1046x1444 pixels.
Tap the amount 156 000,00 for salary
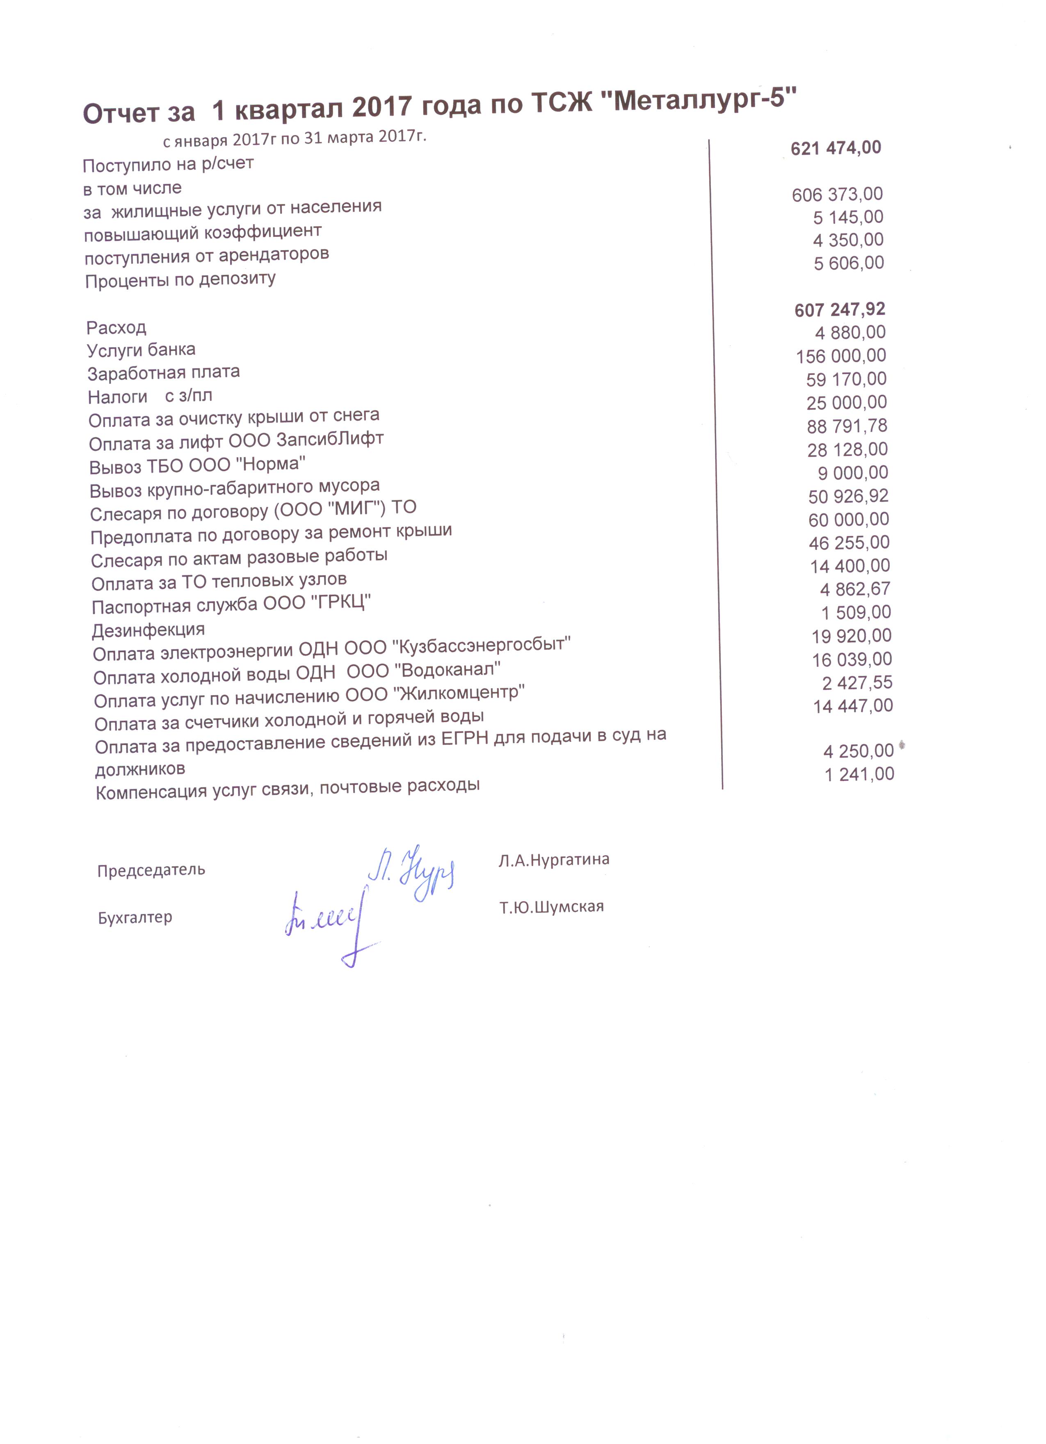pos(840,356)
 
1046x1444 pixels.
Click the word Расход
pos(116,328)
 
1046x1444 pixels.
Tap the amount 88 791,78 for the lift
pos(847,426)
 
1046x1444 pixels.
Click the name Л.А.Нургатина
pos(554,860)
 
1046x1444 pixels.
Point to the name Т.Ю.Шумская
pos(551,906)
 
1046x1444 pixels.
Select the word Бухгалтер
pos(135,918)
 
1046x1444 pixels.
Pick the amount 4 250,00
pos(858,751)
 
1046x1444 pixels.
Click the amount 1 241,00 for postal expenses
pos(859,774)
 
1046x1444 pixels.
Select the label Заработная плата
pos(164,373)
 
